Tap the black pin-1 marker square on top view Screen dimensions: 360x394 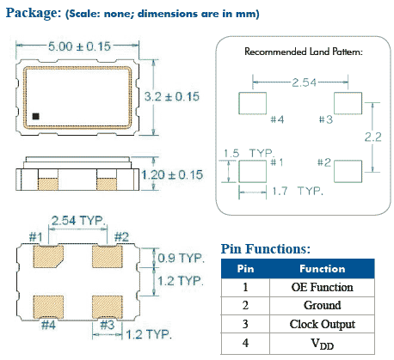pyautogui.click(x=36, y=114)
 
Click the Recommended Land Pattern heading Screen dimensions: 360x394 pyautogui.click(x=304, y=52)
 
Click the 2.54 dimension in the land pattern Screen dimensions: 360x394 pyautogui.click(x=300, y=82)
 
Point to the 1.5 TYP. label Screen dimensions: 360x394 pyautogui.click(x=242, y=151)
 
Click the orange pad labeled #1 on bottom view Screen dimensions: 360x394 pyautogui.click(x=46, y=256)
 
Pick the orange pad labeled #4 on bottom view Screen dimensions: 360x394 pyautogui.click(x=46, y=306)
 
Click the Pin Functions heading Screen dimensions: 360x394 pyautogui.click(x=265, y=248)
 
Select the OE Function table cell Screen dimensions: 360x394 pyautogui.click(x=322, y=286)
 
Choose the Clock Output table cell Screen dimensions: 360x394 pyautogui.click(x=322, y=324)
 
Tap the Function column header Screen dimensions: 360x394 pyautogui.click(x=322, y=268)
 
